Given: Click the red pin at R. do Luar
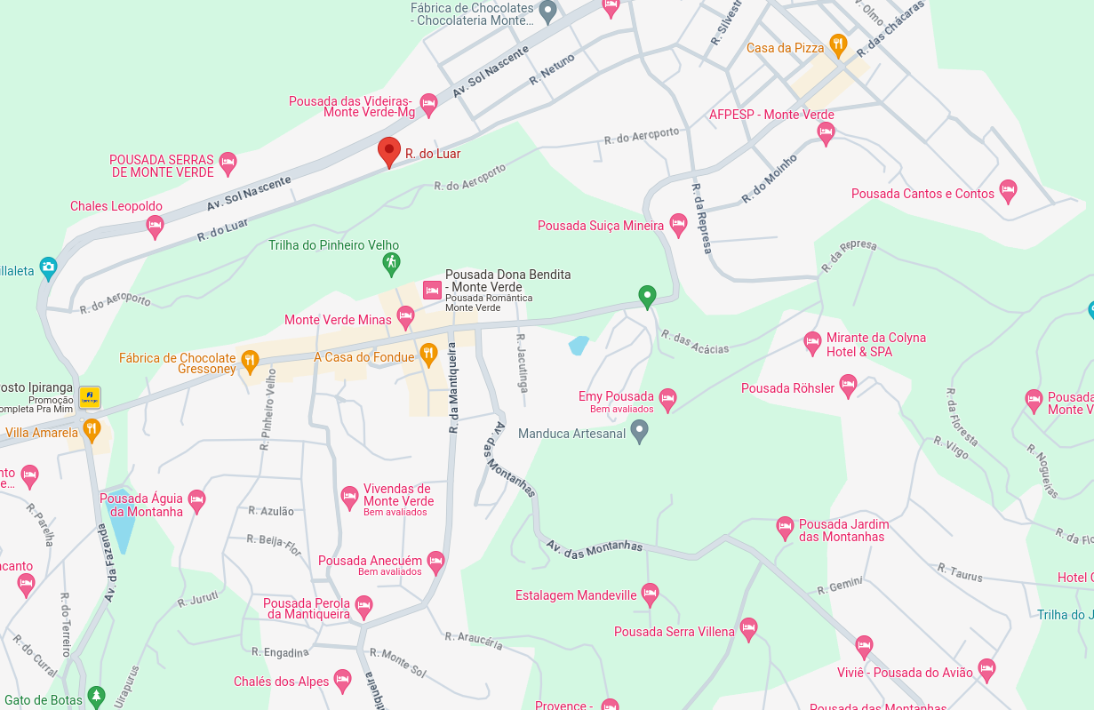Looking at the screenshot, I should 388,151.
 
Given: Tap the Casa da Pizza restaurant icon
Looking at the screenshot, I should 837,44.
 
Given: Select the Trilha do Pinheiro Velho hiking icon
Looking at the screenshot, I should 391,263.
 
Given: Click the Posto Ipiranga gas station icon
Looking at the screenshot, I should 89,396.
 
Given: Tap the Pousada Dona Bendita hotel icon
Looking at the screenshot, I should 432,290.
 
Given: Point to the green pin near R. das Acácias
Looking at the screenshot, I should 647,295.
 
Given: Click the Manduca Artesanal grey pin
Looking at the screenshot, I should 639,432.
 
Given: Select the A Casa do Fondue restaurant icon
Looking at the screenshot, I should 428,355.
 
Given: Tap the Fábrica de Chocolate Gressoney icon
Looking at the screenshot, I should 250,361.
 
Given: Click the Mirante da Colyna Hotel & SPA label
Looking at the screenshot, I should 875,345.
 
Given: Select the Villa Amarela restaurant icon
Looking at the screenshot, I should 92,430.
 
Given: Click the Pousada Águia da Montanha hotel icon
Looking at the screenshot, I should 196,501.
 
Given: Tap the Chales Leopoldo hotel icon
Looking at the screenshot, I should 155,226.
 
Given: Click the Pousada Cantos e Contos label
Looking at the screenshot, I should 922,194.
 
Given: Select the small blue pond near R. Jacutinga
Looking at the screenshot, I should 579,345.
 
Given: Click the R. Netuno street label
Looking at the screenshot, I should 552,68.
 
